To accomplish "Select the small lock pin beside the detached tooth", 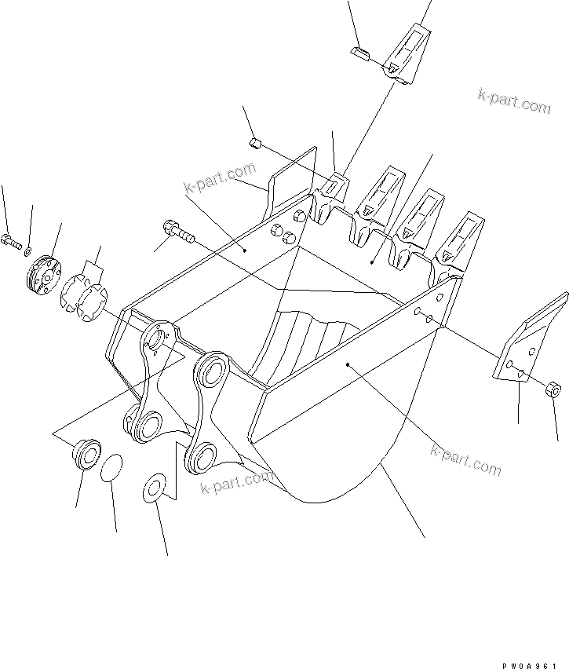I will [x=359, y=53].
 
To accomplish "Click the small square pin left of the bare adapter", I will [x=253, y=142].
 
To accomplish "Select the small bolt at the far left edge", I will [x=10, y=239].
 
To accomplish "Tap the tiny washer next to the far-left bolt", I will [x=27, y=250].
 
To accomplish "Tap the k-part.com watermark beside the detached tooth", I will [x=514, y=101].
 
